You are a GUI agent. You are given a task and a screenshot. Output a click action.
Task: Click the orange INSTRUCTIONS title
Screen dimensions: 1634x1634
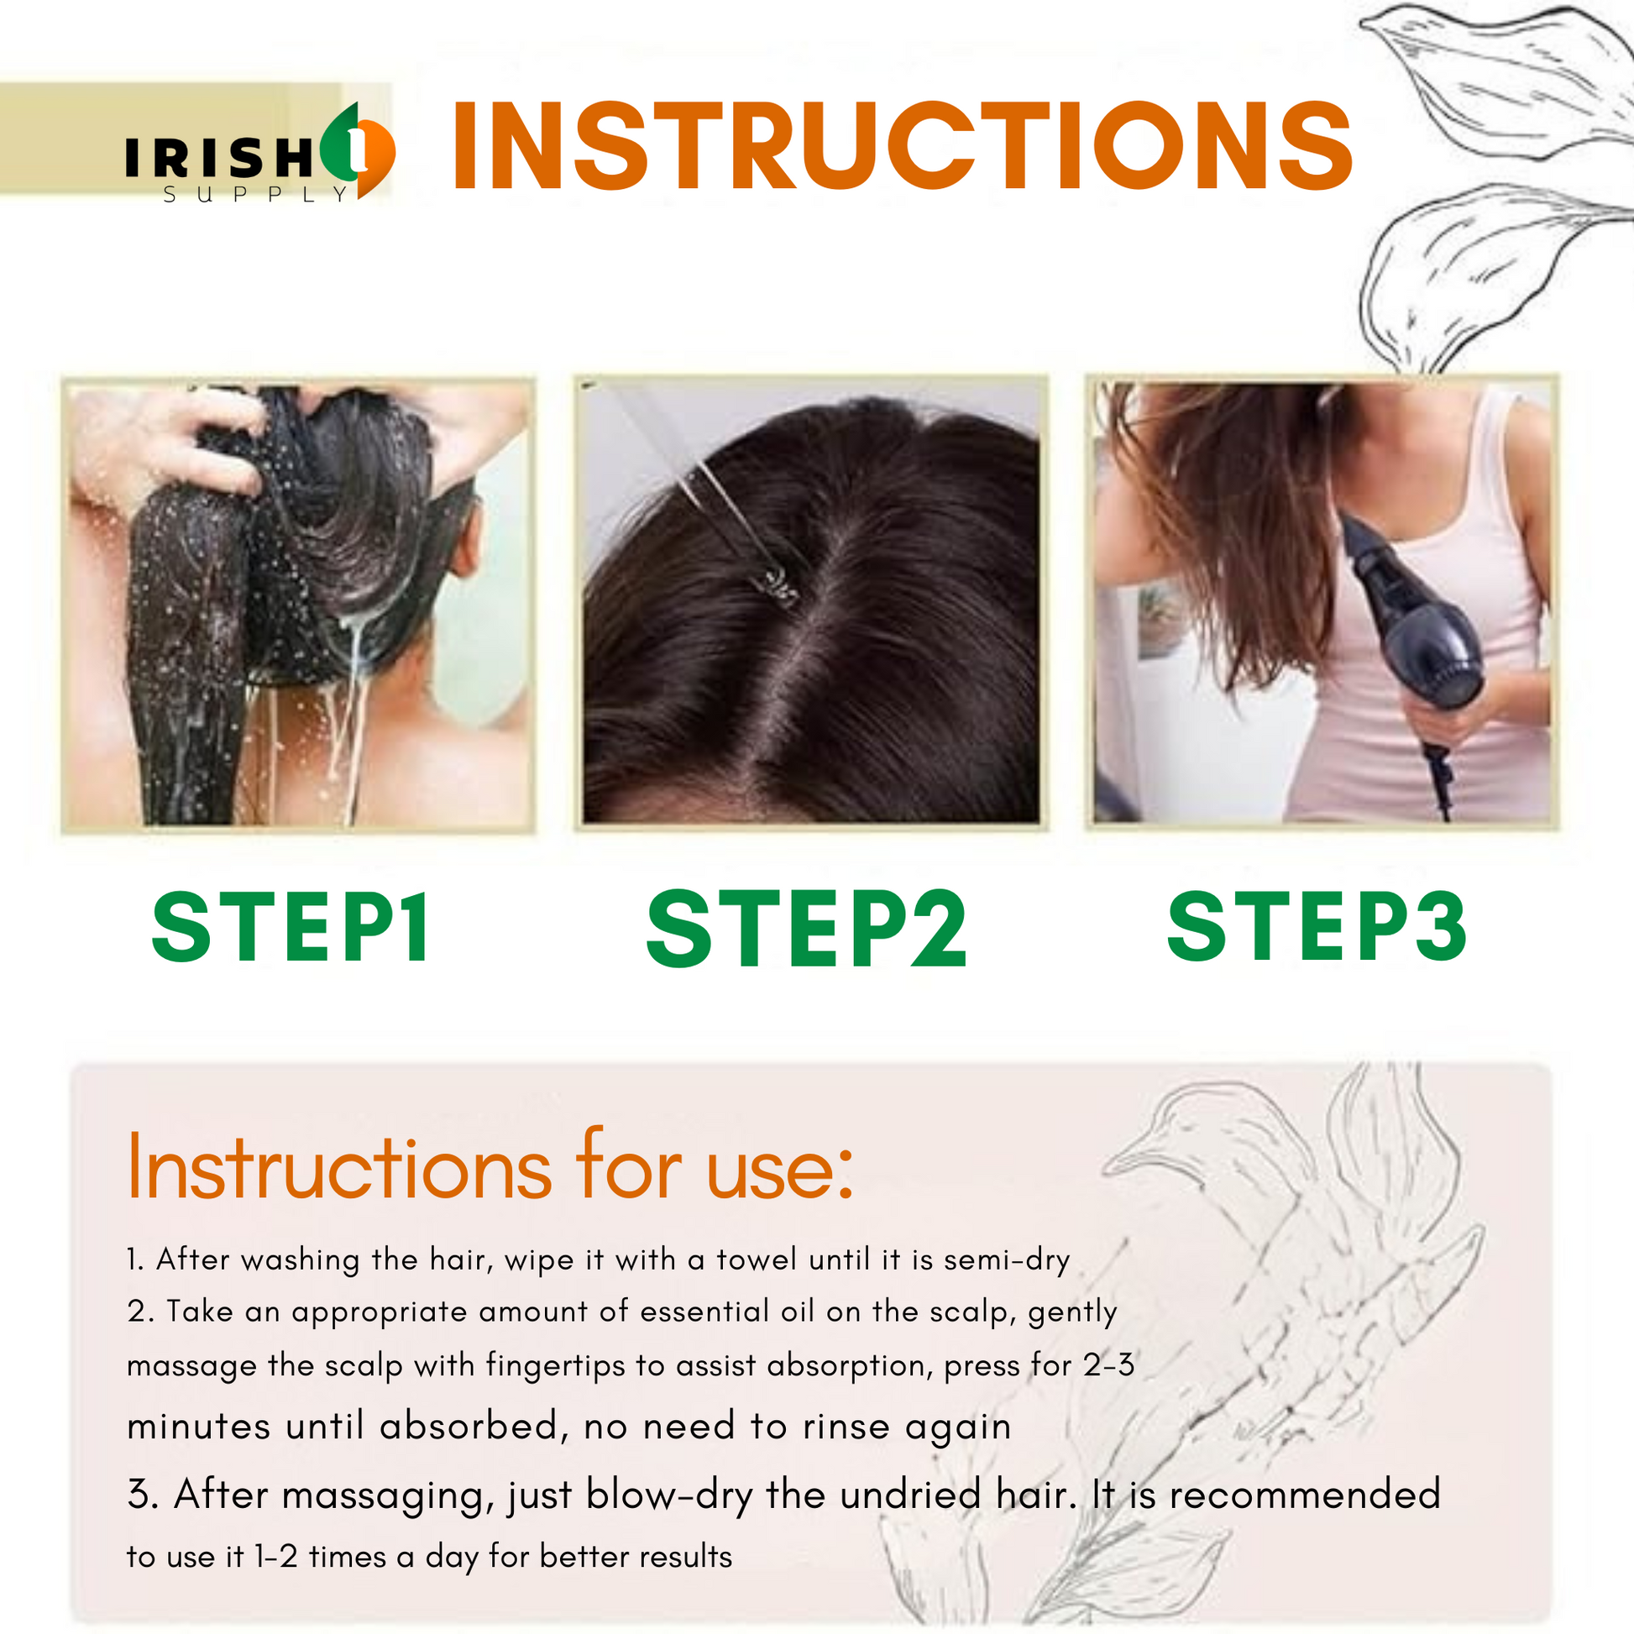coord(903,145)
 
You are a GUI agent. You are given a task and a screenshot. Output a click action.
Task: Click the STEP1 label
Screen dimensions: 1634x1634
coord(291,928)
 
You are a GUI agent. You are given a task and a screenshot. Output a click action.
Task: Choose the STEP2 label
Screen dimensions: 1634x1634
coord(806,929)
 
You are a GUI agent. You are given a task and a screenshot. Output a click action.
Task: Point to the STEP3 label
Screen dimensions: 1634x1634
coord(1317,927)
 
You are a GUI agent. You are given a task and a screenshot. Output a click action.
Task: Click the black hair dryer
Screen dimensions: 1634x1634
coord(1412,643)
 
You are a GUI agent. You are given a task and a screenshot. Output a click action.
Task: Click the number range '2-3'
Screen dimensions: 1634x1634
coord(1108,1365)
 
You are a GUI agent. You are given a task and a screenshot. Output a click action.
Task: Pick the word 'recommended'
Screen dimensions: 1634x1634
coord(1305,1494)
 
